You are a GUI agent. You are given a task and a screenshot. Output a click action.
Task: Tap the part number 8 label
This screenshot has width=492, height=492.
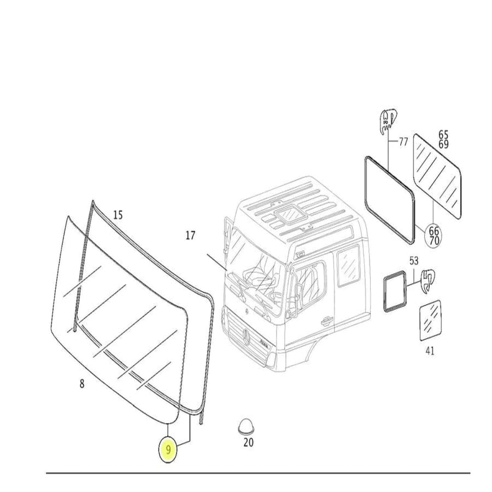click(82, 384)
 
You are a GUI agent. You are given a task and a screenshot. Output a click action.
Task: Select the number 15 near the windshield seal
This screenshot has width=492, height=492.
click(118, 215)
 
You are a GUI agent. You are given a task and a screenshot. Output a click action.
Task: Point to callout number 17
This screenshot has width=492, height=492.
click(190, 235)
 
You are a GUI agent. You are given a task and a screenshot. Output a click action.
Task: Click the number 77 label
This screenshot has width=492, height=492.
click(403, 142)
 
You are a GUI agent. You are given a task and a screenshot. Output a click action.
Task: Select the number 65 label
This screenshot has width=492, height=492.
click(444, 134)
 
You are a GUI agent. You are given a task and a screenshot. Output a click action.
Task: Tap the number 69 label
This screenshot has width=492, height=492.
click(444, 144)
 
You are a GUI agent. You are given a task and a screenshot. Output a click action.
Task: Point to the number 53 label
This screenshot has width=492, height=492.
click(414, 261)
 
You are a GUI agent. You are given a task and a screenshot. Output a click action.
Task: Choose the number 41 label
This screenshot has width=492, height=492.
click(430, 351)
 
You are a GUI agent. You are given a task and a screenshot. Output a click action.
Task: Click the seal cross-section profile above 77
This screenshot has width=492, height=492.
click(388, 122)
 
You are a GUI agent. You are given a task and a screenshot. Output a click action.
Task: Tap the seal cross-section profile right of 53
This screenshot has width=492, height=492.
click(428, 281)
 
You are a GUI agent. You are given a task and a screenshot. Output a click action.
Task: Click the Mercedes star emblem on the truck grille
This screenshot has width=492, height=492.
click(246, 335)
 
